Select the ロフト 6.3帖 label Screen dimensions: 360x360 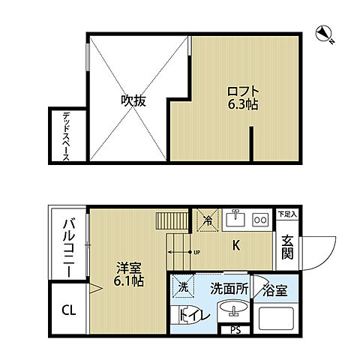coord(242,99)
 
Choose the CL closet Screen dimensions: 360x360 coord(68,308)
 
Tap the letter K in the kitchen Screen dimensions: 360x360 coord(235,244)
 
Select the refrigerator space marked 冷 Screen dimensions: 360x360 coord(208,220)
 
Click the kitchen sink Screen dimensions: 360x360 coord(236,220)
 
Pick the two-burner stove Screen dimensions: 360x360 coord(261,220)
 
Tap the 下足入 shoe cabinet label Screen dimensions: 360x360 coord(286,214)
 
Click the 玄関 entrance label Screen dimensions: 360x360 coord(287,247)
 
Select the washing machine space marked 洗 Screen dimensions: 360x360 coord(183,286)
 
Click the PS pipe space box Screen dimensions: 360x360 coord(235,329)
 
